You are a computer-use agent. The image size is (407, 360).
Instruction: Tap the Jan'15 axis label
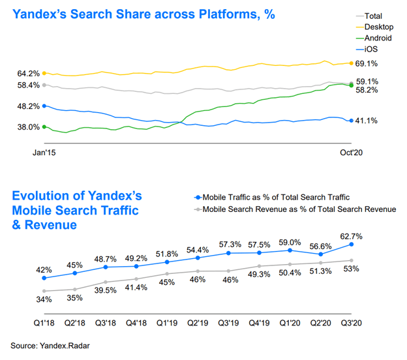pos(44,152)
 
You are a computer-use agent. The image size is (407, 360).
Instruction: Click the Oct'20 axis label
pos(350,152)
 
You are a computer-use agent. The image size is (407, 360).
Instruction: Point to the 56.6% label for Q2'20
pos(321,246)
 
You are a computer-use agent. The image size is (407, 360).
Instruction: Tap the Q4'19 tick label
pos(260,322)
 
